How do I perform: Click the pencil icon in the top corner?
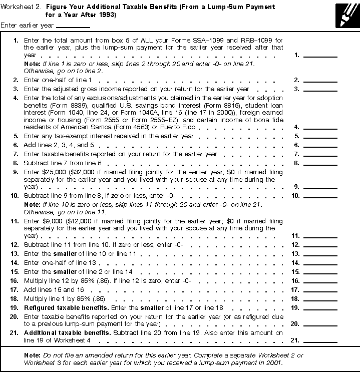point(346,14)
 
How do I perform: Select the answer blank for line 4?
point(320,128)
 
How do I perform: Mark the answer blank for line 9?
point(320,186)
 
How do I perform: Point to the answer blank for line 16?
point(320,281)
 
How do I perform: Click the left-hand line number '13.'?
point(17,254)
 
